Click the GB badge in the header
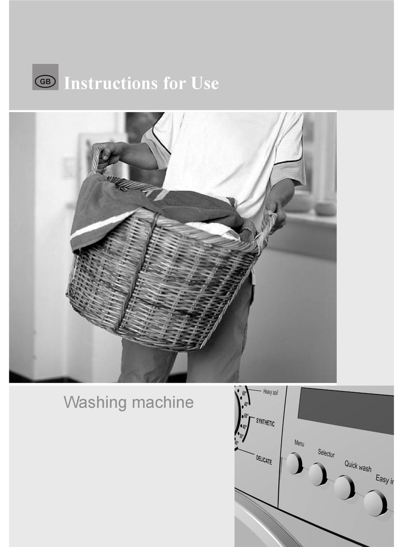click(45, 77)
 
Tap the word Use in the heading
click(205, 83)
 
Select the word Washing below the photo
click(93, 402)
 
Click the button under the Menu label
click(294, 463)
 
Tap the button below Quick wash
click(344, 487)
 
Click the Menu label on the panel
click(299, 443)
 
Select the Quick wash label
click(358, 466)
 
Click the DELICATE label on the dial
click(264, 460)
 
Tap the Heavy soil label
click(270, 392)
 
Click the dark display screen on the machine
click(346, 410)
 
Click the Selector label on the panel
click(326, 453)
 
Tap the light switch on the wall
click(68, 167)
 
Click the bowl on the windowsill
click(325, 208)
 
